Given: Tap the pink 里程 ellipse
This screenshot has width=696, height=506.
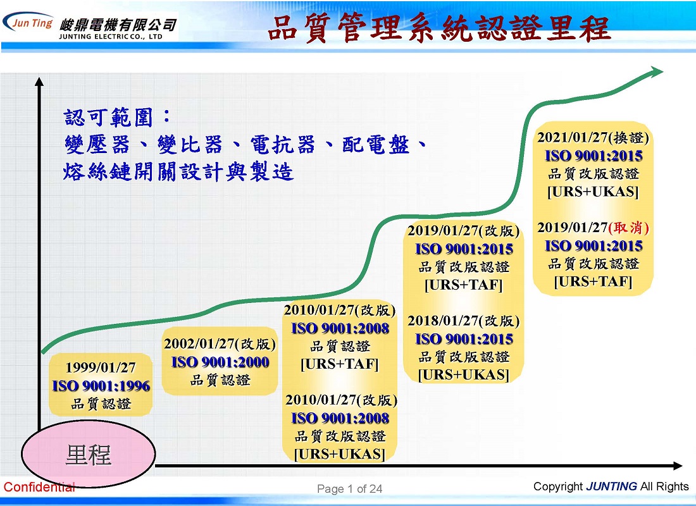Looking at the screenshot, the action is pyautogui.click(x=89, y=454).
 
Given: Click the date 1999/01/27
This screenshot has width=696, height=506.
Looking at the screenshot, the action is pyautogui.click(x=101, y=367).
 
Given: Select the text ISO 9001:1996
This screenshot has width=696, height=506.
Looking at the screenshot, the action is pyautogui.click(x=101, y=386).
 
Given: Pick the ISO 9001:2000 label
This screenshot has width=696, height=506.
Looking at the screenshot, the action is pyautogui.click(x=220, y=362).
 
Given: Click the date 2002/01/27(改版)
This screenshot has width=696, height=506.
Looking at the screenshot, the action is pyautogui.click(x=220, y=343).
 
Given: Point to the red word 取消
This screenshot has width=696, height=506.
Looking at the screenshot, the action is pyautogui.click(x=628, y=227).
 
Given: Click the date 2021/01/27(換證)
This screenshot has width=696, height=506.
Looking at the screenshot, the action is pyautogui.click(x=593, y=137).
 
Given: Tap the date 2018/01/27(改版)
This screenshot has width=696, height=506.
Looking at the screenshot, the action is pyautogui.click(x=463, y=321).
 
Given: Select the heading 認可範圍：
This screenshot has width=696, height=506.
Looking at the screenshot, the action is pyautogui.click(x=117, y=117).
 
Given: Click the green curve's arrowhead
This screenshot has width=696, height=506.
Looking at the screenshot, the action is pyautogui.click(x=656, y=71).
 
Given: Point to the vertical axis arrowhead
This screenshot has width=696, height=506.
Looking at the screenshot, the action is pyautogui.click(x=39, y=82).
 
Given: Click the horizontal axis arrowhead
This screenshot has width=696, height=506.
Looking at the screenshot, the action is pyautogui.click(x=678, y=466).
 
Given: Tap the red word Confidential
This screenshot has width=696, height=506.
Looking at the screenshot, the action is pyautogui.click(x=39, y=487).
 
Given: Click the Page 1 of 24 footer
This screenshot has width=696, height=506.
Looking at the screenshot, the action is pyautogui.click(x=350, y=489).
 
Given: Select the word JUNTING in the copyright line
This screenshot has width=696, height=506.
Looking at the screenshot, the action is pyautogui.click(x=611, y=486).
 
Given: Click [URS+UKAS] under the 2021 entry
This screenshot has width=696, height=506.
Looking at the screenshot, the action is pyautogui.click(x=593, y=192).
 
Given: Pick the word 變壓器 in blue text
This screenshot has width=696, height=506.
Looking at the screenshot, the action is pyautogui.click(x=97, y=144).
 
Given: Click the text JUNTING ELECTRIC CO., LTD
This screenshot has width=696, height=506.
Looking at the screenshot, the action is pyautogui.click(x=111, y=37).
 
